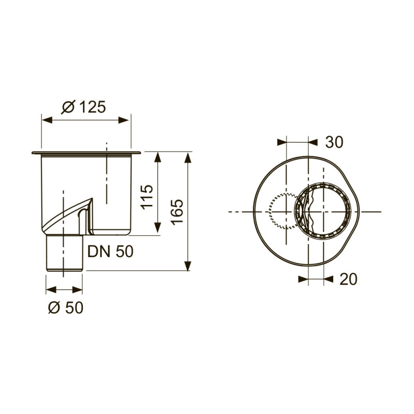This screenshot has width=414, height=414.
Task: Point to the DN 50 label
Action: click(x=110, y=252)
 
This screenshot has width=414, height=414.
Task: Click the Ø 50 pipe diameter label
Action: click(x=65, y=307)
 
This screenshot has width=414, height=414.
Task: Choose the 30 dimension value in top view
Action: click(x=334, y=142)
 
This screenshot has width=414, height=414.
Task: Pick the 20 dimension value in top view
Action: click(x=348, y=279)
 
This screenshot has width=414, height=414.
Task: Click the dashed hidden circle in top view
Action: click(x=279, y=211)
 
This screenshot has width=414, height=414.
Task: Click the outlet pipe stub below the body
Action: click(x=65, y=254)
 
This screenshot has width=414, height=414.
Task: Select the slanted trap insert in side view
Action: click(x=67, y=217)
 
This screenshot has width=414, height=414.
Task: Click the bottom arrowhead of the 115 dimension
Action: click(x=158, y=231)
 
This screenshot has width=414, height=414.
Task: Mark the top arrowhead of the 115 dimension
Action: click(x=158, y=156)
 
